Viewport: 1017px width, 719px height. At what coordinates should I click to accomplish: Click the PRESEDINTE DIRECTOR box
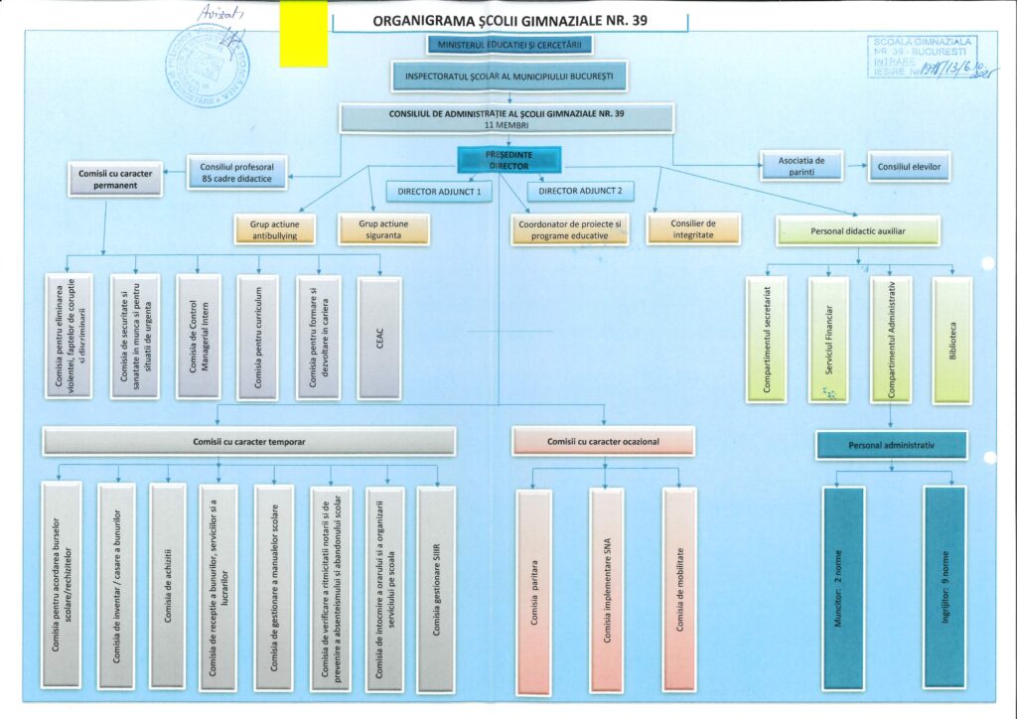pyautogui.click(x=509, y=160)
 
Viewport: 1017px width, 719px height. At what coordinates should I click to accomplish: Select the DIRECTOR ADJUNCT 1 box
pyautogui.click(x=439, y=191)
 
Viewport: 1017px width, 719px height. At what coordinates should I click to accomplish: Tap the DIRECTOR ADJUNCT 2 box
pyautogui.click(x=581, y=191)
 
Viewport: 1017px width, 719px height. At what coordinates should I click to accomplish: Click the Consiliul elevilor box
pyautogui.click(x=908, y=167)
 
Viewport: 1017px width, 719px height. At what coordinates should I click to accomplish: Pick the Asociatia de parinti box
pyautogui.click(x=800, y=166)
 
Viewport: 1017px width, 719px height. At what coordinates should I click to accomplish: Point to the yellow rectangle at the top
pyautogui.click(x=303, y=34)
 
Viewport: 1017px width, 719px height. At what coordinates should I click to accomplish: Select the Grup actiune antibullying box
pyautogui.click(x=275, y=229)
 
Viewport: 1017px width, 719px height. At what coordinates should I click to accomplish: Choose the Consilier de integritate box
pyautogui.click(x=692, y=229)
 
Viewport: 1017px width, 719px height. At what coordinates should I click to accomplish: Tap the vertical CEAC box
pyautogui.click(x=379, y=338)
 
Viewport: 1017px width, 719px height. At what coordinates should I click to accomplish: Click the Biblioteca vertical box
pyautogui.click(x=951, y=340)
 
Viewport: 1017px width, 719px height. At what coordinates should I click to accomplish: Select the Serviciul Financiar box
pyautogui.click(x=828, y=340)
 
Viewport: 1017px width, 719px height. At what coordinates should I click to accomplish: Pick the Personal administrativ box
pyautogui.click(x=891, y=445)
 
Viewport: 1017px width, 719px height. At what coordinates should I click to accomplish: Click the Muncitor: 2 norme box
pyautogui.click(x=843, y=586)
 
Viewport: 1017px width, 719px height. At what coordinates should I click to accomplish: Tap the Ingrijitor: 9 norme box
pyautogui.click(x=944, y=586)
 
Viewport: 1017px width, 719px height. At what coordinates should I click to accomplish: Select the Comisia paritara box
pyautogui.click(x=533, y=591)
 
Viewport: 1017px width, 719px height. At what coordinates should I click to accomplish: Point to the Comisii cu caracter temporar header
pyautogui.click(x=248, y=441)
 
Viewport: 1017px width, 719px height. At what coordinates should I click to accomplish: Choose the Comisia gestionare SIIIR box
pyautogui.click(x=436, y=588)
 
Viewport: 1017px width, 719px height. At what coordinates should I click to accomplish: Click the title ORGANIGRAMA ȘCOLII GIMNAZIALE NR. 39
pyautogui.click(x=509, y=20)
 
